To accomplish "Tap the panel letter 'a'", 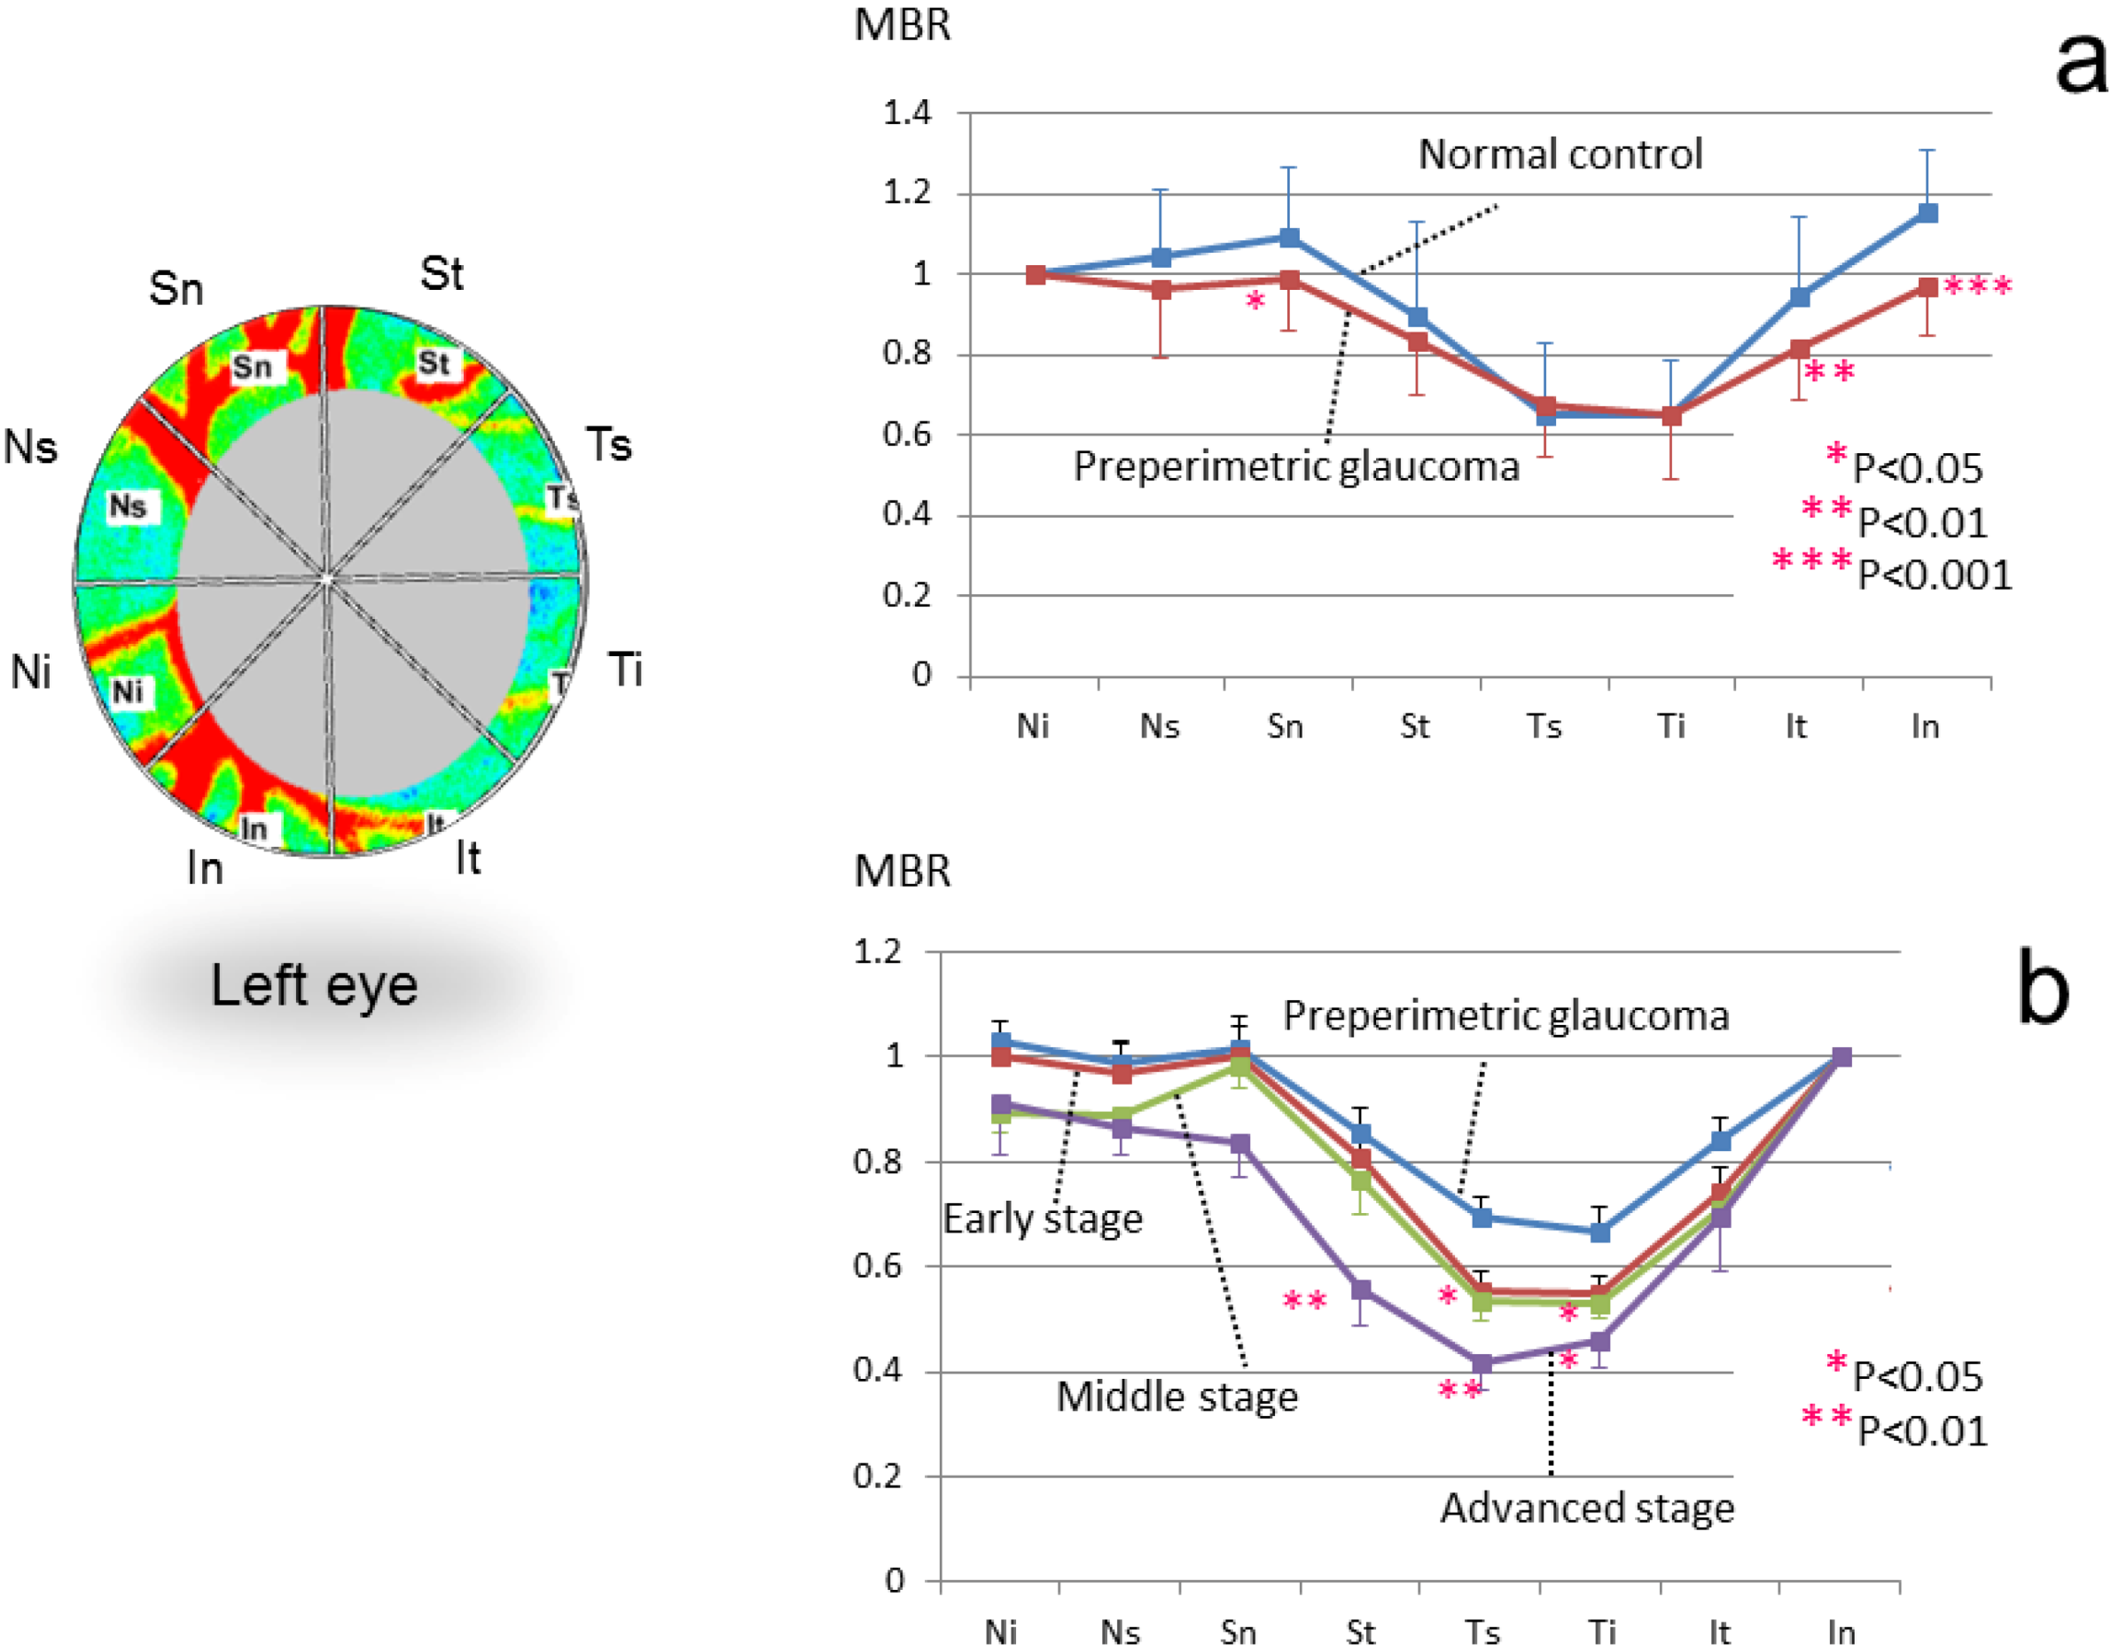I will [2080, 63].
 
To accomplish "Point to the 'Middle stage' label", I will [1177, 1398].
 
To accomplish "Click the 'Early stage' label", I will [1043, 1218].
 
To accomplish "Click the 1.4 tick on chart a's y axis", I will [907, 114].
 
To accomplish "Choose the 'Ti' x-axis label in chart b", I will [1601, 1632].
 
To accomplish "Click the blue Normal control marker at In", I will [1927, 213].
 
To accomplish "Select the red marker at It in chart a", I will [1800, 349].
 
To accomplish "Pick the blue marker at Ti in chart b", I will [1600, 1233].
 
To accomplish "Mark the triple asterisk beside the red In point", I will [1977, 286].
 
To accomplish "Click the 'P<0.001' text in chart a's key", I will [1934, 576].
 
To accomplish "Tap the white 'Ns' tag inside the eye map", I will [128, 505].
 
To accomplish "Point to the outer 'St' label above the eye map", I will [442, 275].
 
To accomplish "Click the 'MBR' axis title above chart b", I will [903, 872].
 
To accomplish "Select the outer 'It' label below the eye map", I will [468, 857].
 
